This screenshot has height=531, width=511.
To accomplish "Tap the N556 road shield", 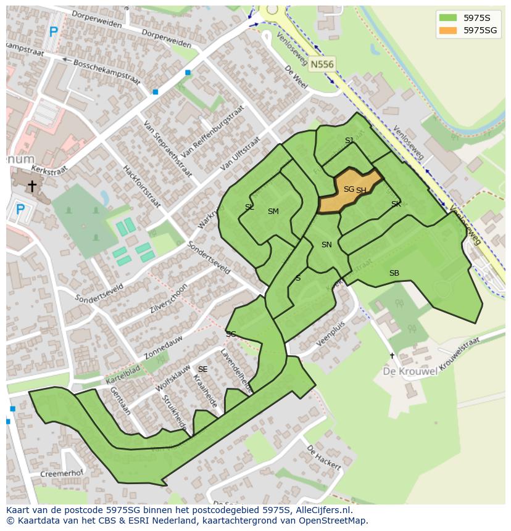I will coord(322,64).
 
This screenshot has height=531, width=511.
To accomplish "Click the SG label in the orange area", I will coord(349,189).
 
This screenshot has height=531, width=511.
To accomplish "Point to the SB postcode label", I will coord(394,273).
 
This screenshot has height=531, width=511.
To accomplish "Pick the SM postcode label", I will coord(273,212).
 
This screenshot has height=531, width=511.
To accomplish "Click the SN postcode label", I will coord(326,245).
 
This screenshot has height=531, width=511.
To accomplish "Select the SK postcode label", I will coord(396,204).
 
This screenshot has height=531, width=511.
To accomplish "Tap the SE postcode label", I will coord(202,369).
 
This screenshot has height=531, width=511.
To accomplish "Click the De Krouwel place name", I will coord(410,371).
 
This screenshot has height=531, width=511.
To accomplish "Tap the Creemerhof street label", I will coord(61,474).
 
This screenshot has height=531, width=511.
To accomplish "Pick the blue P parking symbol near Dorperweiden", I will coord(54,32).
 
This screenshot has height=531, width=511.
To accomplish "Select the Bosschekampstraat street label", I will coord(107,72).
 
